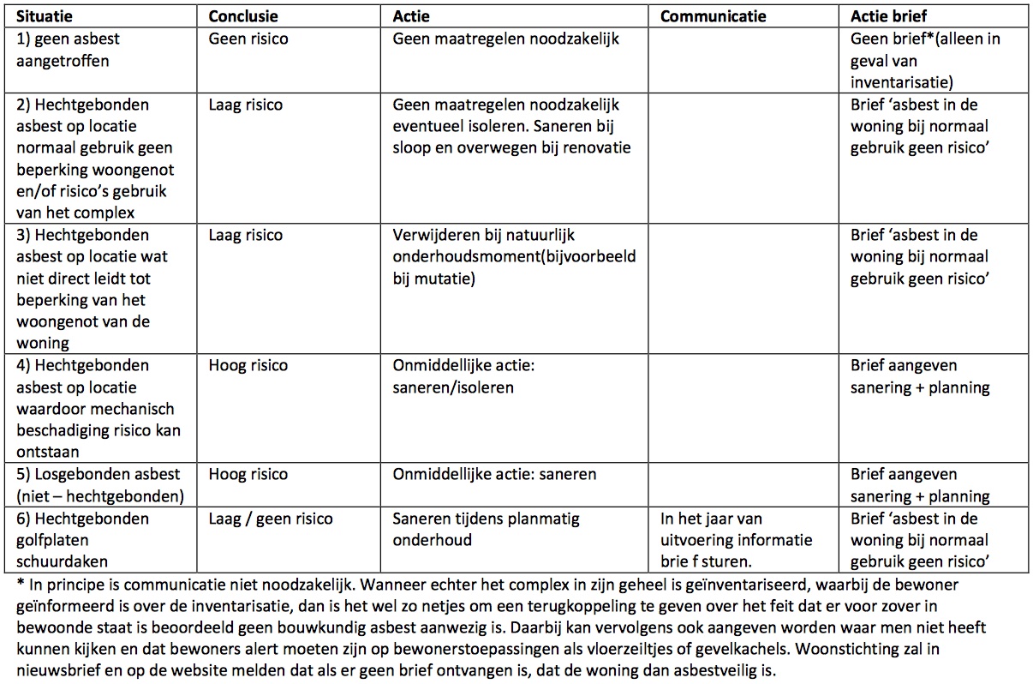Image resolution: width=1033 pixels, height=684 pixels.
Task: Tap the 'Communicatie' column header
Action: [x=714, y=16]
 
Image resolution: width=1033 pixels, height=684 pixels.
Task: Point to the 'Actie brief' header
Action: [x=888, y=16]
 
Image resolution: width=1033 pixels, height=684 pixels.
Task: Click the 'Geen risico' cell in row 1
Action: [x=248, y=39]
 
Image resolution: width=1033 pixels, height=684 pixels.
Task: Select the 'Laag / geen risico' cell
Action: [x=271, y=519]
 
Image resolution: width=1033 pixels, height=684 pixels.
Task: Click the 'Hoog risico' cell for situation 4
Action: [x=248, y=366]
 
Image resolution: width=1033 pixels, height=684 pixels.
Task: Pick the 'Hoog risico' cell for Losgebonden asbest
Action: [x=248, y=474]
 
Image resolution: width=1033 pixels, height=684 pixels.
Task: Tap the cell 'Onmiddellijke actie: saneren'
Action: [x=494, y=474]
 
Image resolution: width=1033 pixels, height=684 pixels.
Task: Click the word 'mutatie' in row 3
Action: [x=447, y=279]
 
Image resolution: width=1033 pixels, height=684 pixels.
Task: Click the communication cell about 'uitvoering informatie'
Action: [x=736, y=540]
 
